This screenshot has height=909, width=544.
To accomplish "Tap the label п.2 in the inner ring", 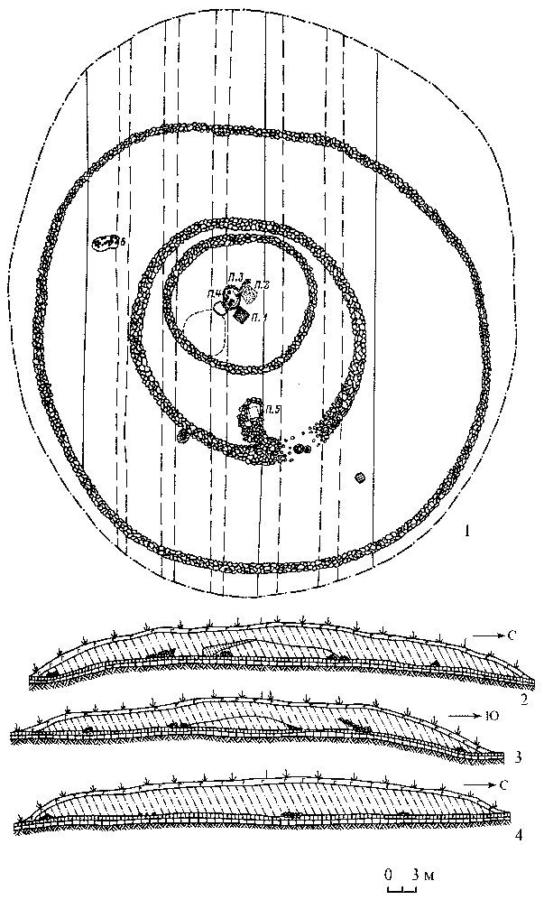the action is point(261,285).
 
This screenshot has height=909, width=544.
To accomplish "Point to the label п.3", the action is point(235,276).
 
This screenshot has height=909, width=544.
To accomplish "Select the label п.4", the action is point(213,294).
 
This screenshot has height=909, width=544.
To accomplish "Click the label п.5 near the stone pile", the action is point(273,410).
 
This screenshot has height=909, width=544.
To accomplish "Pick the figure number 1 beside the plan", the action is point(466,530).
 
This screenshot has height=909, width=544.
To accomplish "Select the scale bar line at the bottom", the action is point(400,888).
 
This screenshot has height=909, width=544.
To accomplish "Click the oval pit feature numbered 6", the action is point(106,242).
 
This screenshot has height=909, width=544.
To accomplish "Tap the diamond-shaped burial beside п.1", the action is point(241,315).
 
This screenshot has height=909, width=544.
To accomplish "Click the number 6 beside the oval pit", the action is point(122,241).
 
